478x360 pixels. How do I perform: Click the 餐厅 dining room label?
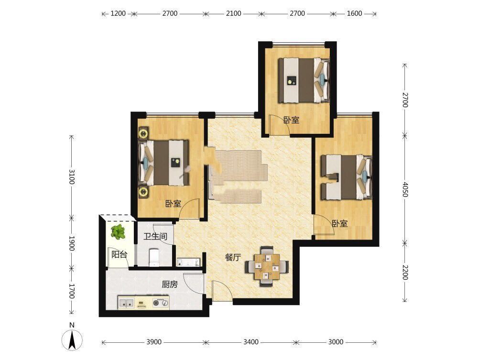(233, 258)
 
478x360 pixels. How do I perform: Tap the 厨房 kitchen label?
(170, 285)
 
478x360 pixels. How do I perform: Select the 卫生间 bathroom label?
(155, 236)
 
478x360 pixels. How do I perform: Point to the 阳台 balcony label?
(119, 254)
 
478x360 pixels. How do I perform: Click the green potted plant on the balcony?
(118, 232)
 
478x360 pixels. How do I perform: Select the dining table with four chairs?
(267, 266)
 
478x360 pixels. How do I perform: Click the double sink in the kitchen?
(126, 303)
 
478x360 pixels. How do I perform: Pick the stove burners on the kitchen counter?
(161, 303)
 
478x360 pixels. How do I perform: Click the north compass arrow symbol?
(72, 340)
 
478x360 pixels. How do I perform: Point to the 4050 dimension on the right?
(405, 189)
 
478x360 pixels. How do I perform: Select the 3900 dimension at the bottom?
(154, 342)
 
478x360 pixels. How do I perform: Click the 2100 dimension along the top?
(234, 13)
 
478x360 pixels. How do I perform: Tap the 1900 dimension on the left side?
(72, 243)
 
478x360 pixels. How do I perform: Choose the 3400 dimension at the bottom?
(251, 342)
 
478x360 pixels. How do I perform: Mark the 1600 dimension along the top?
(355, 13)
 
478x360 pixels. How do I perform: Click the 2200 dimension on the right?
(405, 272)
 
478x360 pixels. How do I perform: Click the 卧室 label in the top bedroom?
(292, 120)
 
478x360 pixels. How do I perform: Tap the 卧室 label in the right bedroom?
(340, 224)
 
